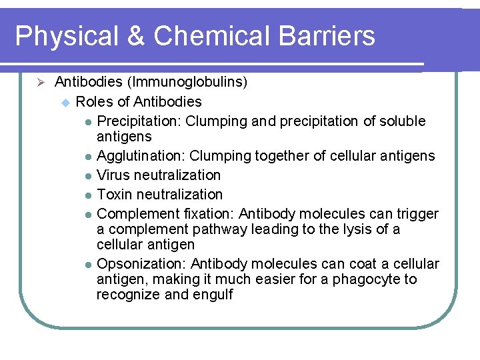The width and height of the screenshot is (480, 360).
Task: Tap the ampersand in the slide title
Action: [135, 37]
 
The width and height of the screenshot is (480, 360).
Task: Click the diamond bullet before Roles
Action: [65, 102]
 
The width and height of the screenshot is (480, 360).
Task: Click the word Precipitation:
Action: [139, 121]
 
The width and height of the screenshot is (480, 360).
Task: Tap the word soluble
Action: [402, 121]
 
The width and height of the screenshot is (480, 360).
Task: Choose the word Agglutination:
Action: [141, 156]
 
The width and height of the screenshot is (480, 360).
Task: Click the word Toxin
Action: [115, 195]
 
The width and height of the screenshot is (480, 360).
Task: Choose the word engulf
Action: [213, 295]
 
